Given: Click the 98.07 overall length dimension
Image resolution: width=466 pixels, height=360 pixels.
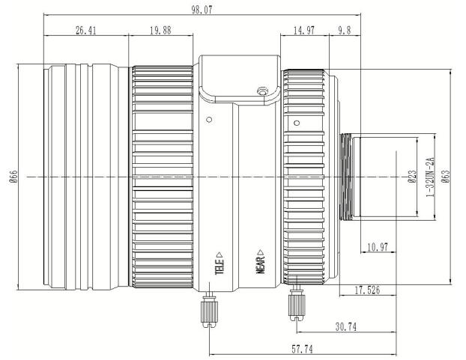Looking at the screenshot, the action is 202,10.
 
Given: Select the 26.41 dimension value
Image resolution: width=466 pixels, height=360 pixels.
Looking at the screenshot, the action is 85,31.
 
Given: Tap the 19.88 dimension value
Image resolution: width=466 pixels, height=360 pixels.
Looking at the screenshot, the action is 160,31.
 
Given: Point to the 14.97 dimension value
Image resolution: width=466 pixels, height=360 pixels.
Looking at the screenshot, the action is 303,31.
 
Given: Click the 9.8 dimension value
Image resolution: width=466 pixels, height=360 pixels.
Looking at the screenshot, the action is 344,31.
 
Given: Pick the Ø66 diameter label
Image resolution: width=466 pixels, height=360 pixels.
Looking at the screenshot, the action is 13,177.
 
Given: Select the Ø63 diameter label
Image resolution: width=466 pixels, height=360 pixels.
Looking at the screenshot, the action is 446,177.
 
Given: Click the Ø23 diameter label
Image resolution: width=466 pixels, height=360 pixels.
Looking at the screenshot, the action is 412,177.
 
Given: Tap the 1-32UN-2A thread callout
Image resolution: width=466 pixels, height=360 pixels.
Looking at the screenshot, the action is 430,177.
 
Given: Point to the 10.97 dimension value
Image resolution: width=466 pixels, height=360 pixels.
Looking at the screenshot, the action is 378,247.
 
